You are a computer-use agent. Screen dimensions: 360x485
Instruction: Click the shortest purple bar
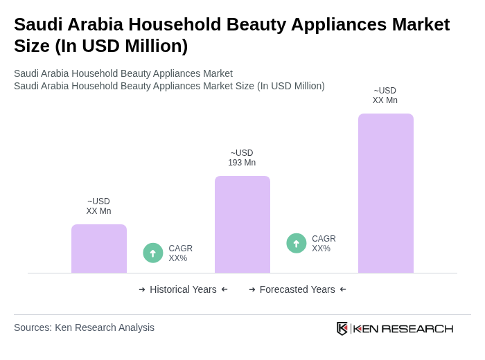click(99, 249)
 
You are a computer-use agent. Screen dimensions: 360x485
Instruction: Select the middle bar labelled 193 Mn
click(242, 224)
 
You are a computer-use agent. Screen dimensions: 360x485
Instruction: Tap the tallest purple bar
click(386, 193)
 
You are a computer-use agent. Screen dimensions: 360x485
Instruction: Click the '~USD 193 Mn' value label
click(242, 158)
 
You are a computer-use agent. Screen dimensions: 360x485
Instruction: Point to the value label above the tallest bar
click(385, 96)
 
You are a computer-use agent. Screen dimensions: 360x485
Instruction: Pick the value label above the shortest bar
click(98, 206)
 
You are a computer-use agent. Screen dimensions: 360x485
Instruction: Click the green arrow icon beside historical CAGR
click(153, 253)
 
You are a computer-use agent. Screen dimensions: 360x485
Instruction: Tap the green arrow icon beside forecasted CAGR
click(297, 244)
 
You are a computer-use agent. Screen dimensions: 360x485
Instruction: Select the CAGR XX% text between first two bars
click(180, 253)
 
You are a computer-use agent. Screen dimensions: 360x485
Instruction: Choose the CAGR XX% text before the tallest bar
click(324, 244)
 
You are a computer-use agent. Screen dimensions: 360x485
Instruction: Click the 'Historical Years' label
click(183, 289)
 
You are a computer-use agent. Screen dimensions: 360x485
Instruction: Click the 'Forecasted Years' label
click(297, 289)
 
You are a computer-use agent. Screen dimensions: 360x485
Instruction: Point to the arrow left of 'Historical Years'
click(142, 289)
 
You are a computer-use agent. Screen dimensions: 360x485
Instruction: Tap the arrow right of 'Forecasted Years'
click(343, 289)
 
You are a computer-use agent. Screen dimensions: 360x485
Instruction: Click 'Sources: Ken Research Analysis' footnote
click(84, 327)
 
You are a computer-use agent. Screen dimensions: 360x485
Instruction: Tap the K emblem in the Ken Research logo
click(342, 328)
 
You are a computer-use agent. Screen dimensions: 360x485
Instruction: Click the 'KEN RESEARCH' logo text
click(403, 328)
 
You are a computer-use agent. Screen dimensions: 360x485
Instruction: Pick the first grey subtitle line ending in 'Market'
click(123, 73)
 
